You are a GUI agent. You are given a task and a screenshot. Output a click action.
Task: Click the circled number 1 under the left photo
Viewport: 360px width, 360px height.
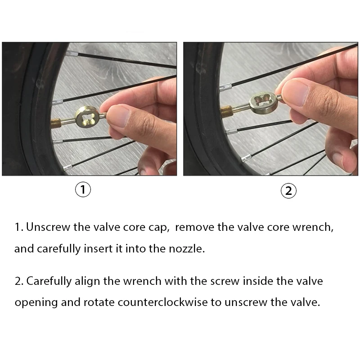[x=83, y=189]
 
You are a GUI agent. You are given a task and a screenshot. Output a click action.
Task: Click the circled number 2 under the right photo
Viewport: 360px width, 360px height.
[x=288, y=191]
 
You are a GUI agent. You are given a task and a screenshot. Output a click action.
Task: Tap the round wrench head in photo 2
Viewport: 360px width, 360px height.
[x=264, y=102]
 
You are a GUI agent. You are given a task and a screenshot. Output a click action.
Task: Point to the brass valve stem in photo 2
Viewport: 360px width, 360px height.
[x=227, y=111]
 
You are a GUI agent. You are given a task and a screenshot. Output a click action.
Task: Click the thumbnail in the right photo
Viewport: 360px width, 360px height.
[x=295, y=93]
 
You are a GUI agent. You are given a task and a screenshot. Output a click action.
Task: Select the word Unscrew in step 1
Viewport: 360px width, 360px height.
[x=48, y=227]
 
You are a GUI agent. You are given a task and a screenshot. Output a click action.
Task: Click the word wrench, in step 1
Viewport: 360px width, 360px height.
[x=313, y=228]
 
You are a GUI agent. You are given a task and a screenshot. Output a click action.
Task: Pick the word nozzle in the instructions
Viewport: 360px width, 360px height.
[x=187, y=249]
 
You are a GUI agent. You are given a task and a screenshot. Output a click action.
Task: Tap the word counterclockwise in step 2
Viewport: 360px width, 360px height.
[x=162, y=302]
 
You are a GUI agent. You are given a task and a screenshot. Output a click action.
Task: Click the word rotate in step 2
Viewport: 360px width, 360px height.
[x=99, y=302]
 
